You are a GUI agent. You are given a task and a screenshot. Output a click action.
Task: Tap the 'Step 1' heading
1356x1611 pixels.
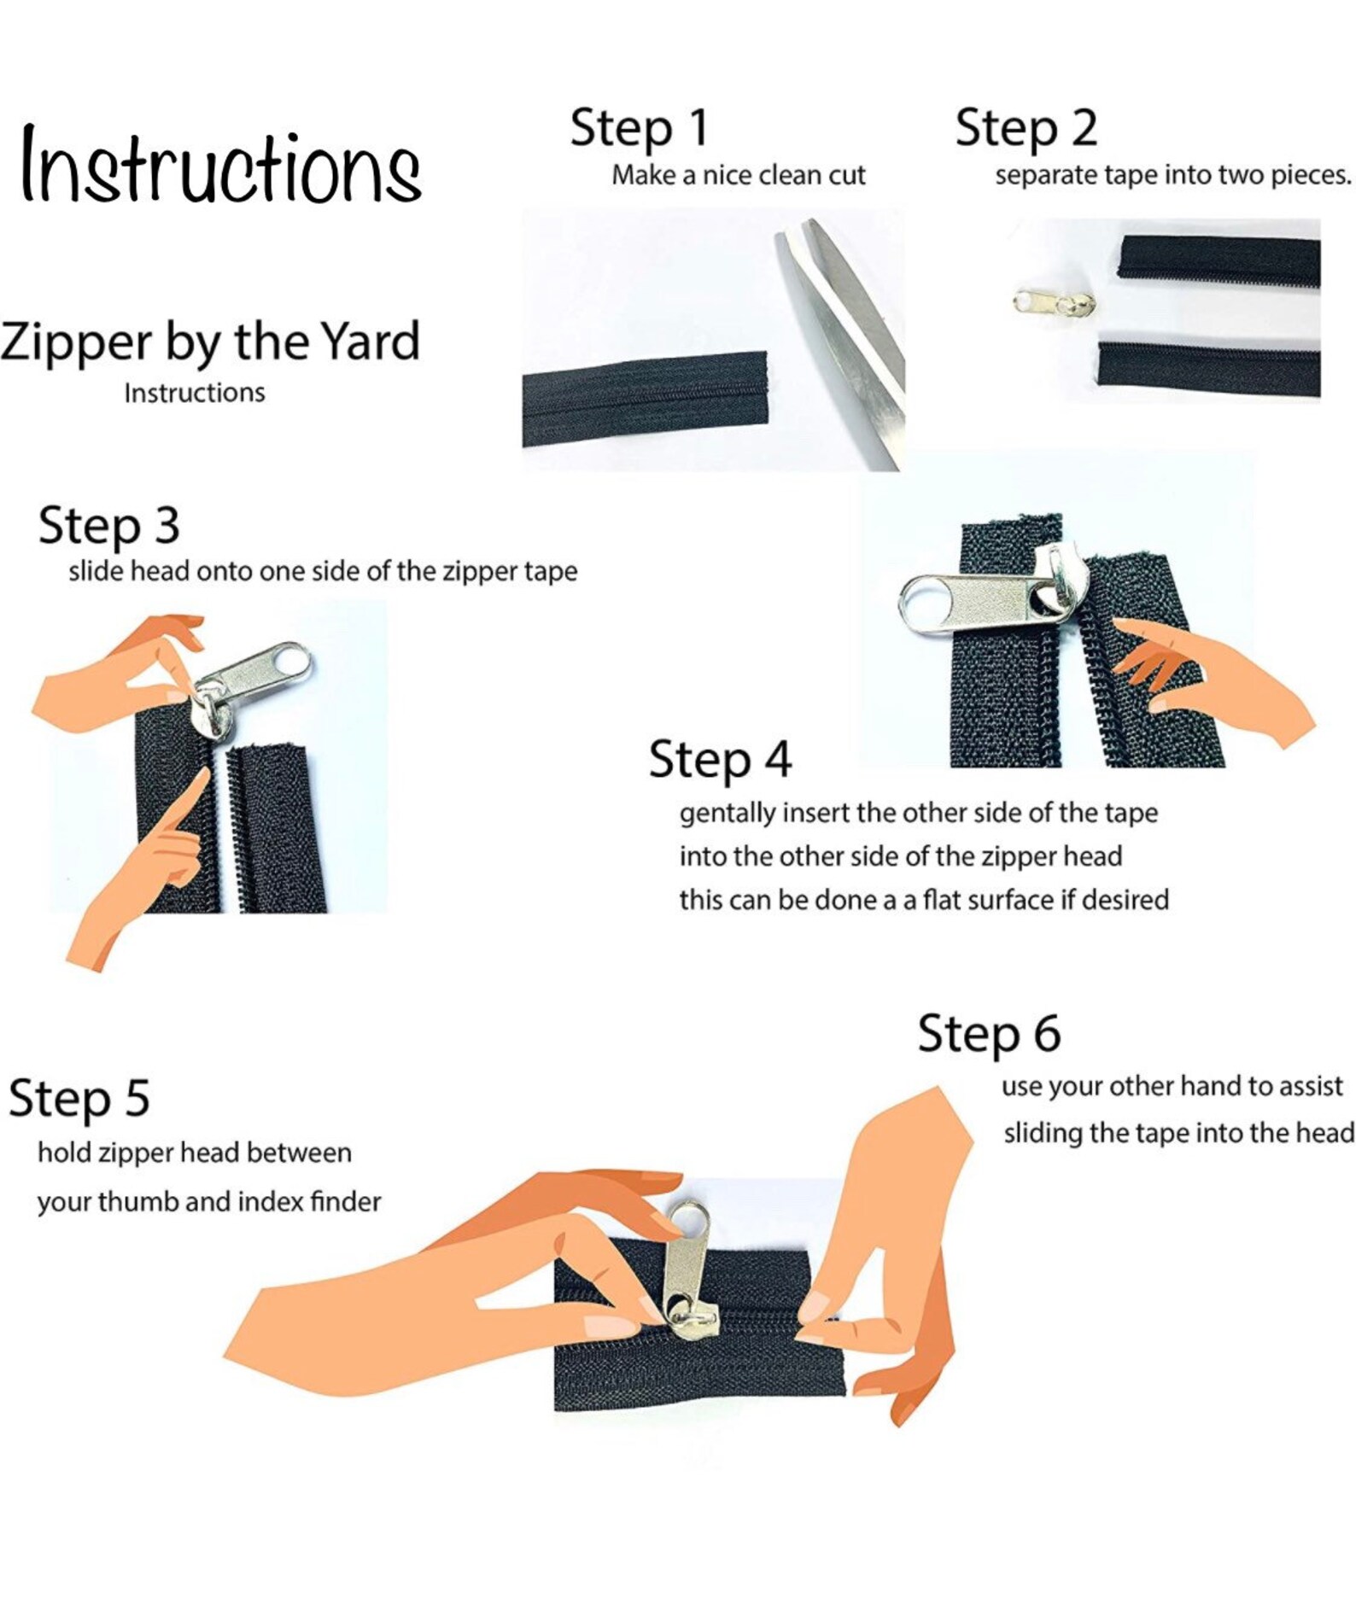(x=639, y=128)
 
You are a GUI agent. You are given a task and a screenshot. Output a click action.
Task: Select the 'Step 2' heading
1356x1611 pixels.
(x=1026, y=128)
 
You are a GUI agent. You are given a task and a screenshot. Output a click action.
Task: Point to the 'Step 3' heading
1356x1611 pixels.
(x=108, y=525)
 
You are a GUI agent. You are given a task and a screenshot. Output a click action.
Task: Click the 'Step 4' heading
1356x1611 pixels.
(x=720, y=759)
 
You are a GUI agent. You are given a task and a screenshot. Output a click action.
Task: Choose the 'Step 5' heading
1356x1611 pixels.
(x=79, y=1098)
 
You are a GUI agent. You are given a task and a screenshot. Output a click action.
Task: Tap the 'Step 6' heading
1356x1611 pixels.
(x=989, y=1033)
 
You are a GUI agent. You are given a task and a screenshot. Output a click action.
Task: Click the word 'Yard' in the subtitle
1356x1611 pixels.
(x=371, y=341)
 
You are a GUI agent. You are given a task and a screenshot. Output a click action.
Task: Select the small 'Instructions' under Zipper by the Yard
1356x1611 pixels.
(x=195, y=393)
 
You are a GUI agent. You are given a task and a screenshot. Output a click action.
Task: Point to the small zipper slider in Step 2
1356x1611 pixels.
(x=1055, y=302)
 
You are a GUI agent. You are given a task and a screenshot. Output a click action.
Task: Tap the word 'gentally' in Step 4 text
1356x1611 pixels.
(x=728, y=814)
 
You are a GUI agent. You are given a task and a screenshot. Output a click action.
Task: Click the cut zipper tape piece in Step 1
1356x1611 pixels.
(x=645, y=399)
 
